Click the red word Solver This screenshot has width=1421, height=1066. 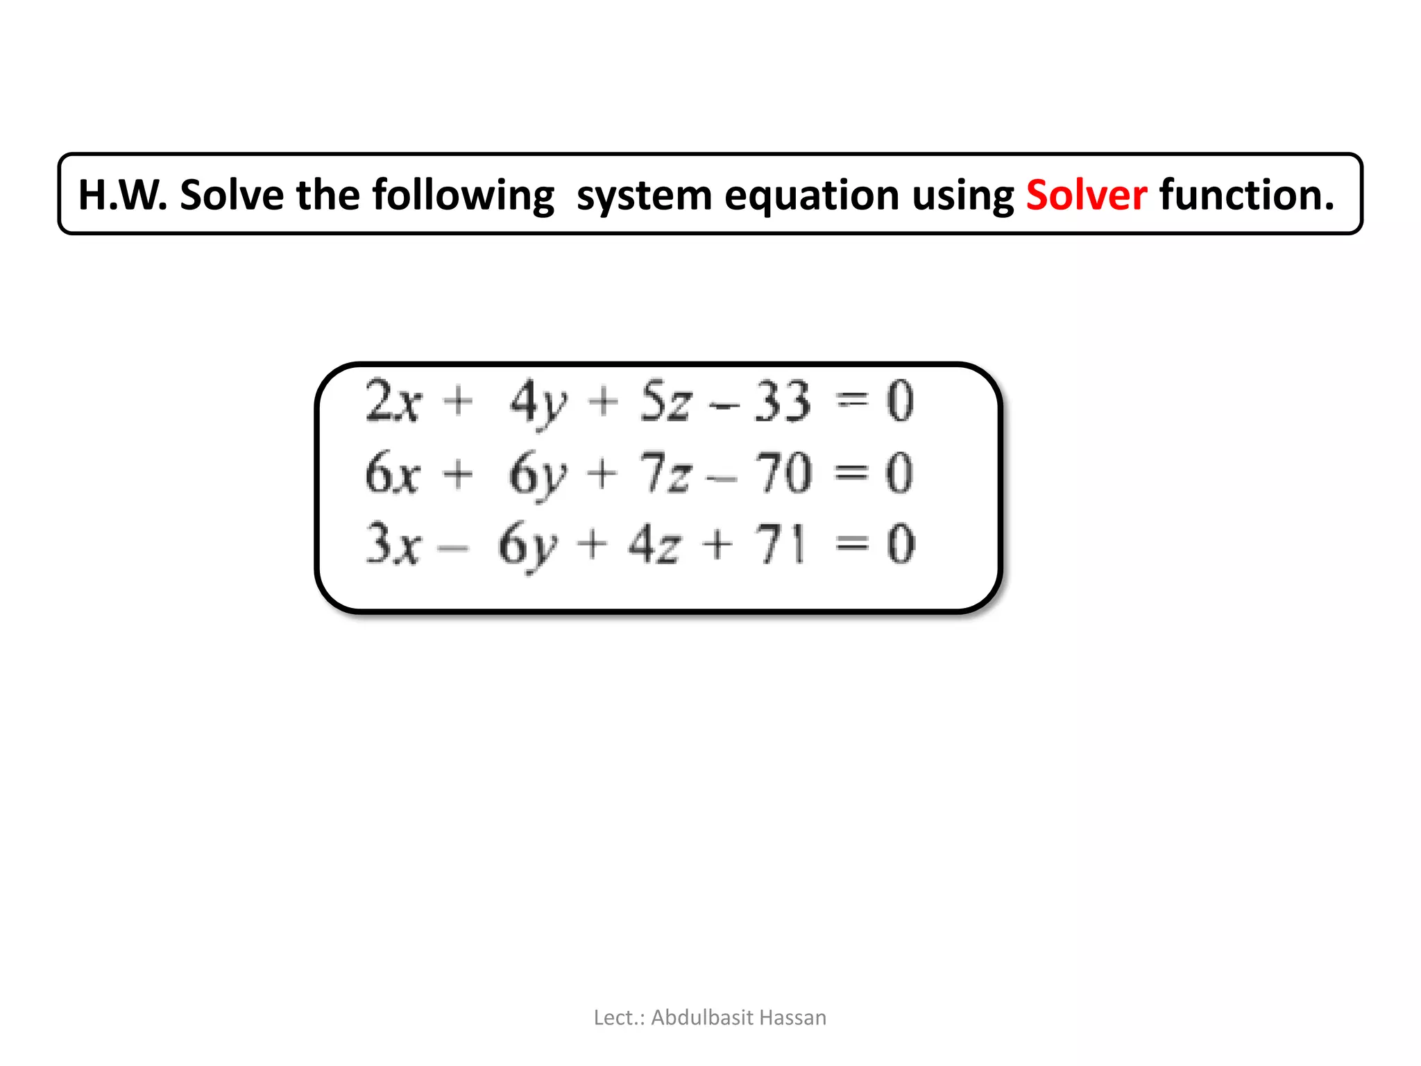coord(1086,195)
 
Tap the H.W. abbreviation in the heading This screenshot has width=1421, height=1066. coord(122,195)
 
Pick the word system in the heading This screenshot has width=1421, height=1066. coord(644,196)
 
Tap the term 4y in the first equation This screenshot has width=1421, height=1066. coord(538,403)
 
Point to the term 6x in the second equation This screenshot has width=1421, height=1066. coord(393,473)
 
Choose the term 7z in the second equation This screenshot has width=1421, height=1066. coord(665,473)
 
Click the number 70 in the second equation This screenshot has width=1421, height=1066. coord(783,473)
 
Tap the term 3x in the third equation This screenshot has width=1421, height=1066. coord(393,544)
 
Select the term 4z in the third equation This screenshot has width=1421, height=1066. coord(654,544)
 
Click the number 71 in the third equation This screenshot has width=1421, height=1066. coord(781,544)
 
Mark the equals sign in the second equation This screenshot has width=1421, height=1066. coord(851,473)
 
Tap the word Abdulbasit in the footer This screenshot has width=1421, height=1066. coord(701,1017)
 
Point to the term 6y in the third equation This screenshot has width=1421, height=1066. coord(528,545)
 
